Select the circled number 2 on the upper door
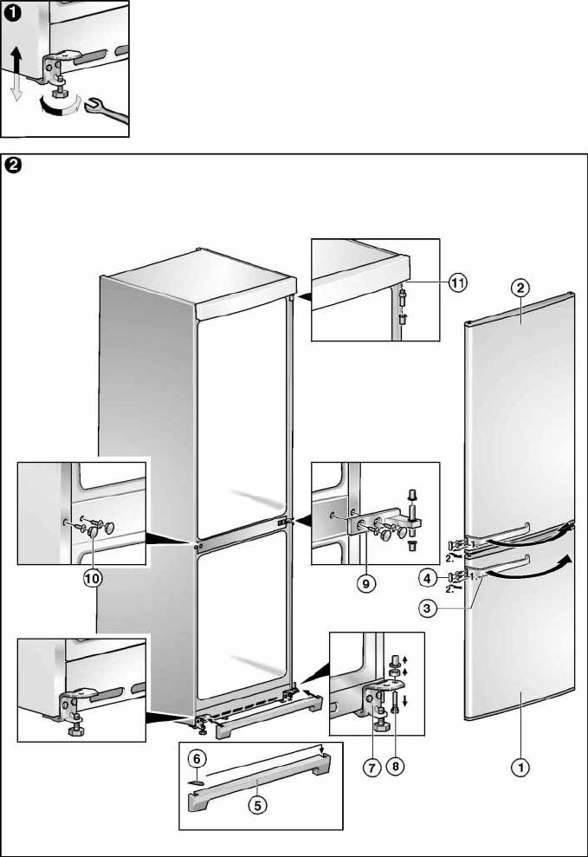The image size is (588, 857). tap(520, 287)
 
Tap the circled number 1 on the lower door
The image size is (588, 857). tap(520, 765)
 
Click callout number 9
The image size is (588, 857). tap(366, 584)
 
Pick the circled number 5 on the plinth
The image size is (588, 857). tap(257, 804)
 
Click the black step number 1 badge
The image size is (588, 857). tap(10, 9)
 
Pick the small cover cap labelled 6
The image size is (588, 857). tap(197, 778)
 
